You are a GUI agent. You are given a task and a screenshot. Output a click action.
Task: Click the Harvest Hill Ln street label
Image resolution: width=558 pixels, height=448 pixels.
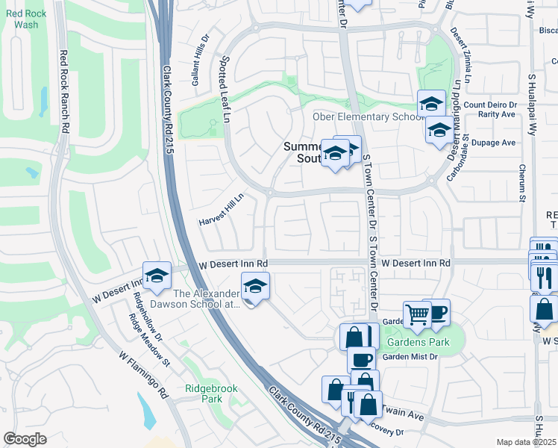(222, 211)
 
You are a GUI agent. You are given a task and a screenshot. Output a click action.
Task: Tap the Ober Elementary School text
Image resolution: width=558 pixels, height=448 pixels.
(362, 117)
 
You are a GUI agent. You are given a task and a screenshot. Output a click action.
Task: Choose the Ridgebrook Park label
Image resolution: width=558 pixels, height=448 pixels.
(204, 393)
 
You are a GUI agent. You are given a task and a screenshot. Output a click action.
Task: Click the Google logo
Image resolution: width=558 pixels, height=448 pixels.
(25, 439)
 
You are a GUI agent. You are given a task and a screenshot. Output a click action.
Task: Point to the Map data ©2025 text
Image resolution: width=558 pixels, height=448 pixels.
(526, 442)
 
